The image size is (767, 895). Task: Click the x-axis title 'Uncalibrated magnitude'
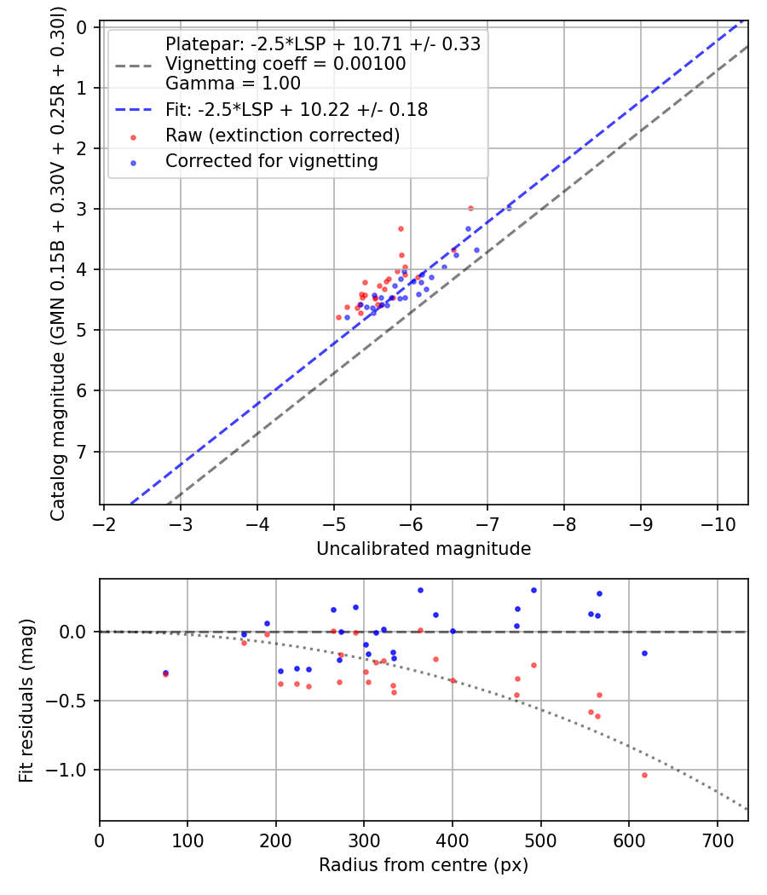click(x=424, y=549)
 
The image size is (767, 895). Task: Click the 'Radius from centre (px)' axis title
click(x=424, y=865)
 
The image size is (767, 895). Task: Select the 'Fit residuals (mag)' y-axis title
click(x=26, y=700)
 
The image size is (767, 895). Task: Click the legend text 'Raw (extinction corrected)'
click(x=282, y=136)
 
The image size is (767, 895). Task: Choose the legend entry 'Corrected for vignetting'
click(x=271, y=160)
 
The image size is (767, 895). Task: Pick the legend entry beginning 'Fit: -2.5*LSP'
click(x=297, y=110)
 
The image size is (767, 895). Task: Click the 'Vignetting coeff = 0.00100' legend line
click(x=285, y=64)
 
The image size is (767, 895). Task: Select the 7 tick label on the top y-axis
click(x=83, y=452)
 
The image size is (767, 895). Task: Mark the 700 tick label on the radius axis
click(x=717, y=840)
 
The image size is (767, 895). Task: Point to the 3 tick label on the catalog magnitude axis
click(x=83, y=209)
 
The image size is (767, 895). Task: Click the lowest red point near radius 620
click(x=644, y=775)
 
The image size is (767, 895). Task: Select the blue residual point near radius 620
click(x=644, y=653)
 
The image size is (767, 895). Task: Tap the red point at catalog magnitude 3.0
click(x=470, y=208)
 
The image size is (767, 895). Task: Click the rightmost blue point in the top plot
click(x=509, y=208)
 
